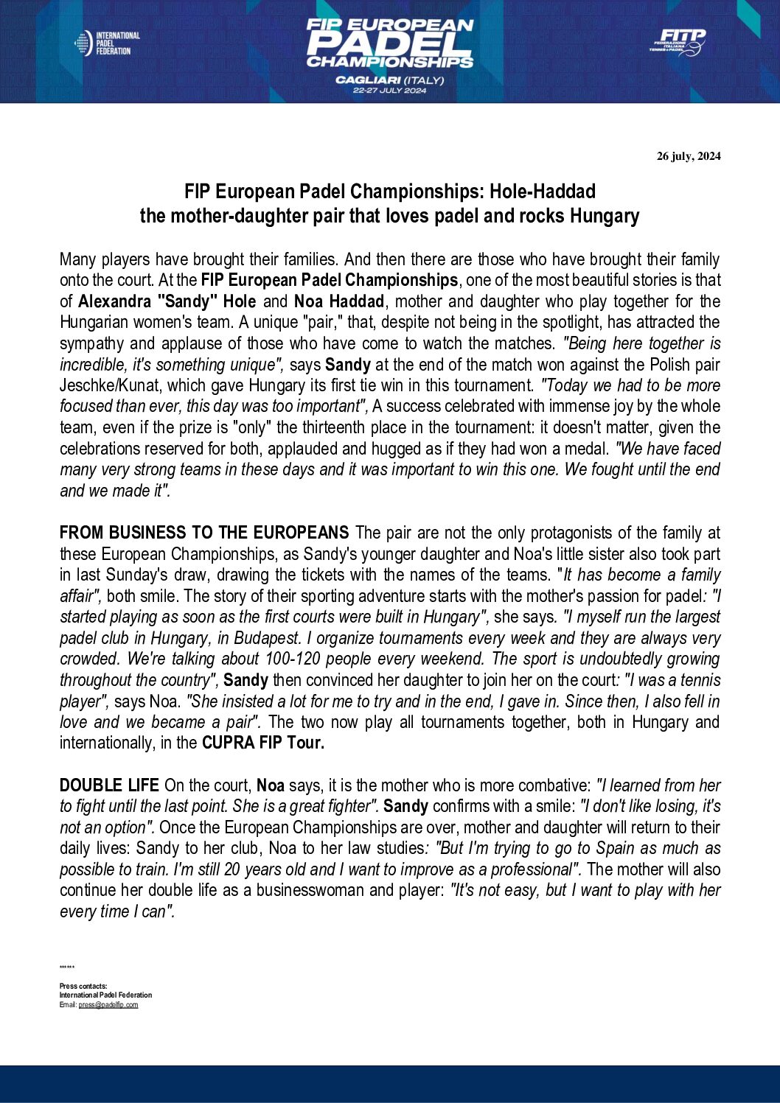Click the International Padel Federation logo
(x=107, y=43)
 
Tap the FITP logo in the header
(x=678, y=42)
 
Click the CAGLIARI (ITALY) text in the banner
(x=389, y=80)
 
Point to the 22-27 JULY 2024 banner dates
(x=389, y=91)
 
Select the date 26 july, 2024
(x=689, y=156)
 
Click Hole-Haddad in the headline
(x=543, y=192)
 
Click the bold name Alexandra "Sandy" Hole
(x=167, y=301)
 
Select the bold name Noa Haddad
(x=339, y=301)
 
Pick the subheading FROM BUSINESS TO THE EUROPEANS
(x=204, y=533)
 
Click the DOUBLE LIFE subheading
(x=109, y=785)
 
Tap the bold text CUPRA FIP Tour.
(x=263, y=743)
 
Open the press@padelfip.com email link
(x=108, y=1005)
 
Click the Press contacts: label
(x=83, y=986)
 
